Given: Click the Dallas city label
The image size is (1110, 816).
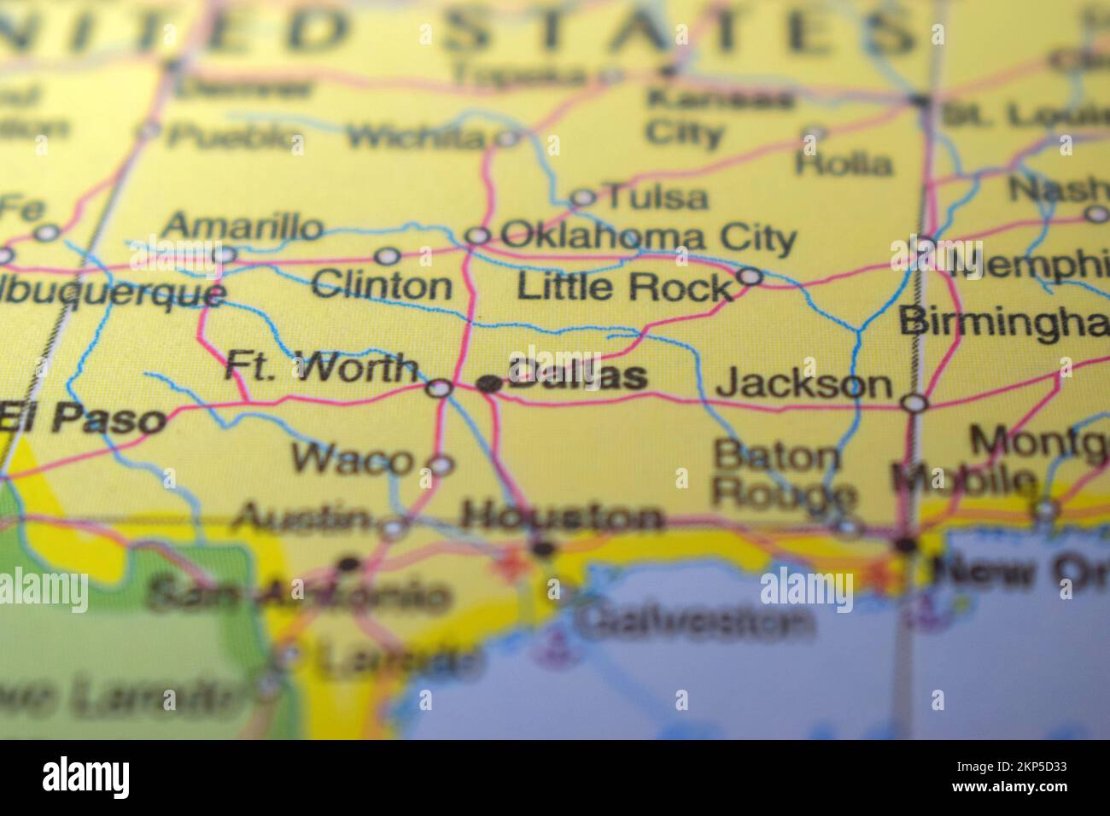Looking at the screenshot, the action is pos(578,376).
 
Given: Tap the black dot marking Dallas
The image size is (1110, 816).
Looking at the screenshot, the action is pos(489,384).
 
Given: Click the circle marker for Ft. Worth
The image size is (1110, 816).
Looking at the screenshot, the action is pos(440,388).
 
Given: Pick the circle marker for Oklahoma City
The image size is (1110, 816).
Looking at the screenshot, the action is pos(478,236).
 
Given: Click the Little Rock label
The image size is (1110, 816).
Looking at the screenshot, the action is pos(625,288).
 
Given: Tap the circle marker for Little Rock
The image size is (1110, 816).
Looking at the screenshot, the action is pos(750,276).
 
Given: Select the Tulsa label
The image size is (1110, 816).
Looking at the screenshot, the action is pos(656,198).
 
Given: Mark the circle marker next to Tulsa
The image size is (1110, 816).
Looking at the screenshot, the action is pos(582,198).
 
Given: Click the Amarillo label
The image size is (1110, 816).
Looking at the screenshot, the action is pos(243,228).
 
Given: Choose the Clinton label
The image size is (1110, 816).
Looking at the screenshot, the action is pos(382,285).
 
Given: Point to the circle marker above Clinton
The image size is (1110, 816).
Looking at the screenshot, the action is pos(388,255).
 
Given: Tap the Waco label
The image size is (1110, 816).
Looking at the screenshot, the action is pos(351,460).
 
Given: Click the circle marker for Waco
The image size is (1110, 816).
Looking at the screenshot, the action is pos(441,465).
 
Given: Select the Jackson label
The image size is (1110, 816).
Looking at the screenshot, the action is pos(803,385).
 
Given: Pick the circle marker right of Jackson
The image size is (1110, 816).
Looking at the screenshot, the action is pos(914,402).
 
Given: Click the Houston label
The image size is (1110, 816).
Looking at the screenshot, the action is pos(561,516).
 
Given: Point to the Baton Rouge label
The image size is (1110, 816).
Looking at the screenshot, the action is pos(781,475).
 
